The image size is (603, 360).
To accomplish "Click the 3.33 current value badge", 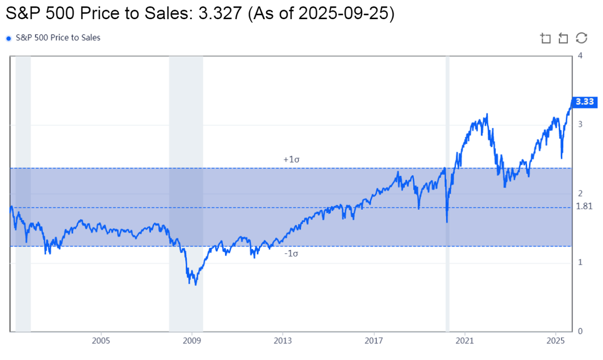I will coord(584,102).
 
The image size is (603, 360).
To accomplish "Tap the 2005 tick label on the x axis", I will coord(101,341).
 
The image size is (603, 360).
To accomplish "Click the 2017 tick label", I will coord(374,341).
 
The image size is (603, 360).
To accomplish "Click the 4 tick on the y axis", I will coord(580,55).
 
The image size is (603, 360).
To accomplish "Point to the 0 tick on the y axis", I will coord(580,331).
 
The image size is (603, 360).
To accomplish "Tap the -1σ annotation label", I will coord(291,254).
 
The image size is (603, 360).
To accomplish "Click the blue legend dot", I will coord(9,38).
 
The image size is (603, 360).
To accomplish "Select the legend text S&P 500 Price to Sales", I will coord(58,38).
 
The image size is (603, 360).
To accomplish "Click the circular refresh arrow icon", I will coord(581,38).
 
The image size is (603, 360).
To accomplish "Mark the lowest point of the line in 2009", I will coord(195,285).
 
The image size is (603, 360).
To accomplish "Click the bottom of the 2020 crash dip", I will coord(447,222).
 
